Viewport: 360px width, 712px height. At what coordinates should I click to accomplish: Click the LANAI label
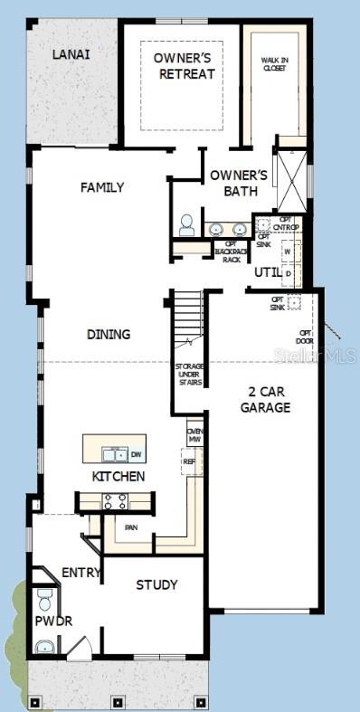pos(71,54)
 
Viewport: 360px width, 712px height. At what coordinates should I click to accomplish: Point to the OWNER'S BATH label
pos(239,182)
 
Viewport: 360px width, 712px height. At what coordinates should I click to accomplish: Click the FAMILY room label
pos(102,187)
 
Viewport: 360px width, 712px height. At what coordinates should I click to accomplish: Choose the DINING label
pos(109,334)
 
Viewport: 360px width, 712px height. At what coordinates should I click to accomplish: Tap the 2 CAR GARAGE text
pos(265,400)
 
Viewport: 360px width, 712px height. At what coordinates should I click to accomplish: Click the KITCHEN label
pos(118,476)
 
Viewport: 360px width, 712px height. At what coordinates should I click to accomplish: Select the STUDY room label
pos(156,584)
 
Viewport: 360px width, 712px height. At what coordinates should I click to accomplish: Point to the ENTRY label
pos(81,573)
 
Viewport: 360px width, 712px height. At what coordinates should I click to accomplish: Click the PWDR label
pos(53,622)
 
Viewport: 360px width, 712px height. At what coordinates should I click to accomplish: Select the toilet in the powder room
pos(44,598)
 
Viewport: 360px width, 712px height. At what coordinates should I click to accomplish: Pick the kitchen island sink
pos(114,453)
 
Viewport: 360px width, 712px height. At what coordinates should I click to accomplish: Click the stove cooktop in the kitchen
pos(115,500)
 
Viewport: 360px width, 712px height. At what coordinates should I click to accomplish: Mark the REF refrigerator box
pos(189,460)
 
